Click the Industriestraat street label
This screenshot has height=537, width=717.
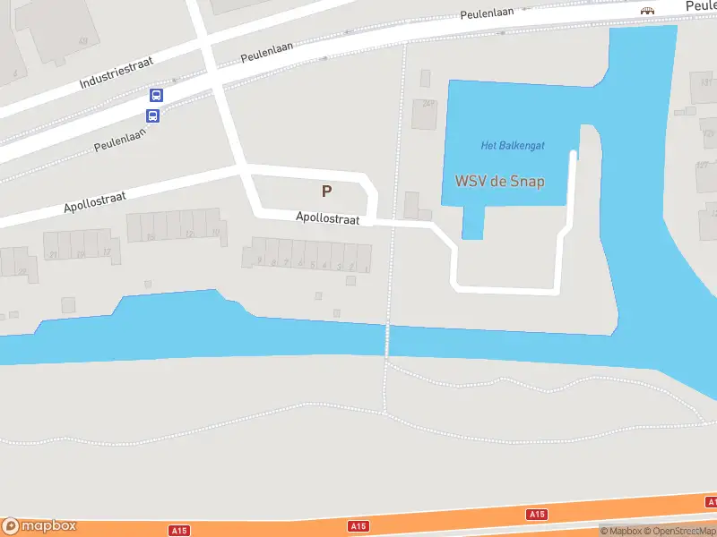tap(116, 71)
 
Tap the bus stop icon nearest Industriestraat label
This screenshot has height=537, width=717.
tap(156, 97)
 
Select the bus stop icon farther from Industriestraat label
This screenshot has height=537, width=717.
tap(152, 115)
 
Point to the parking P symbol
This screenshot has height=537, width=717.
tap(326, 191)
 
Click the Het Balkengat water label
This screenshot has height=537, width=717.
tap(513, 145)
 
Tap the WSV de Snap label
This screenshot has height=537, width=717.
tap(500, 181)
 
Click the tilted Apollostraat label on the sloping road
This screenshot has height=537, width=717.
tap(94, 201)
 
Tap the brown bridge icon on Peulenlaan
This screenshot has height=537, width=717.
tap(646, 11)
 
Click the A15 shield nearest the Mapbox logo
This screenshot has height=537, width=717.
tap(180, 531)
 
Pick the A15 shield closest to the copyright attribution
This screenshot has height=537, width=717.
tap(537, 514)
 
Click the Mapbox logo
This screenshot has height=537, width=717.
tap(39, 526)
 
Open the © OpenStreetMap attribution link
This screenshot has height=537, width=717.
tap(680, 531)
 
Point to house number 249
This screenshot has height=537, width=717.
tap(429, 104)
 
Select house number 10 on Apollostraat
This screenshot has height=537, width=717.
tap(215, 234)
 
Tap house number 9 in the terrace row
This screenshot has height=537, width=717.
tap(261, 262)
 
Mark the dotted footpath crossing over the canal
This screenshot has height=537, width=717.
tap(388, 340)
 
